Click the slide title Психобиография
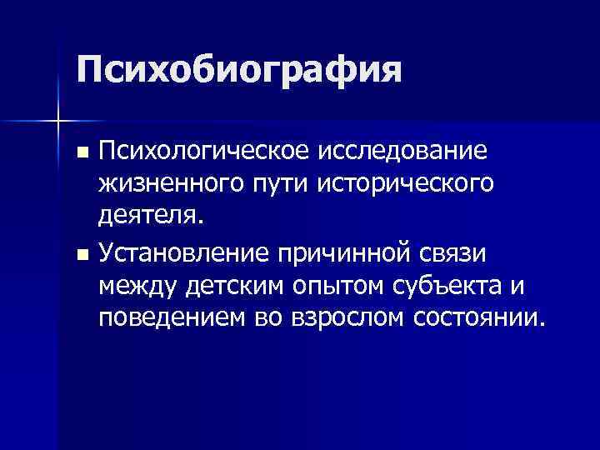coord(238,70)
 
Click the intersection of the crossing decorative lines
coord(57,122)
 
